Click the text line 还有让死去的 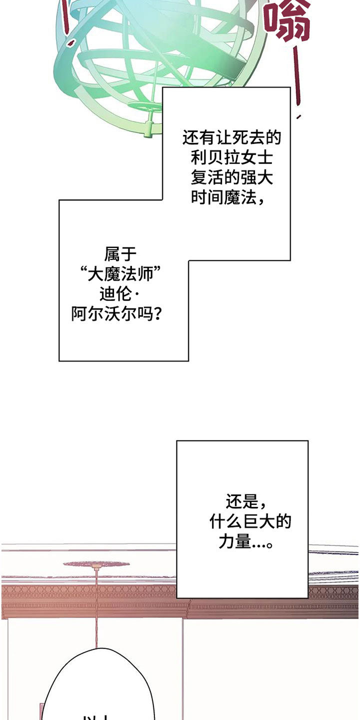[x=232, y=137]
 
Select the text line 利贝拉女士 [x=232, y=158]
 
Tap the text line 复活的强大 [x=232, y=178]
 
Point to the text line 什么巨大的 [x=250, y=522]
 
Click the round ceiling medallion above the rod [x=96, y=564]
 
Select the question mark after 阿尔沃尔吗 [x=158, y=315]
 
